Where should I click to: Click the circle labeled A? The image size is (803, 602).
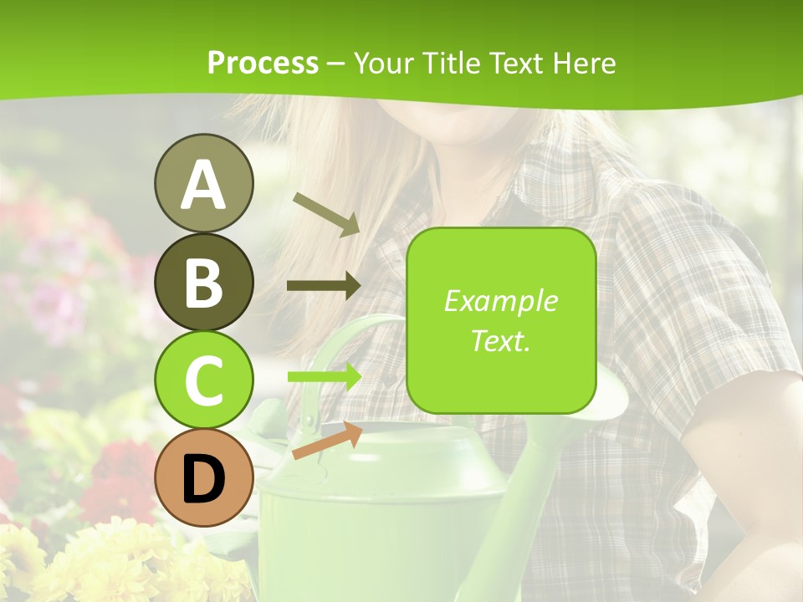[x=203, y=183]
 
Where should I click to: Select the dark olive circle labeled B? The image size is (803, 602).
[x=203, y=282]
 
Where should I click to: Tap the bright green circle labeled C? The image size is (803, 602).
[x=203, y=380]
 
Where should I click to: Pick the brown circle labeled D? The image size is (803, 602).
[x=203, y=478]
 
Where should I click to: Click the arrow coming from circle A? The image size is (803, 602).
[x=326, y=214]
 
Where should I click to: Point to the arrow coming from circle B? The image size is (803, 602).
[x=324, y=286]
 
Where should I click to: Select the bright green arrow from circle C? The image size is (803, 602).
[x=325, y=376]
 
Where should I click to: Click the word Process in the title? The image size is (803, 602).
[x=263, y=63]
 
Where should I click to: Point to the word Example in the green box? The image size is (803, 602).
[x=500, y=301]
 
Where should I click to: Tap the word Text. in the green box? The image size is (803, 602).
[x=500, y=340]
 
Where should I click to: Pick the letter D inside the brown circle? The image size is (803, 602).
[x=203, y=480]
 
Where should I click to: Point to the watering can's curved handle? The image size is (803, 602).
[x=351, y=334]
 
